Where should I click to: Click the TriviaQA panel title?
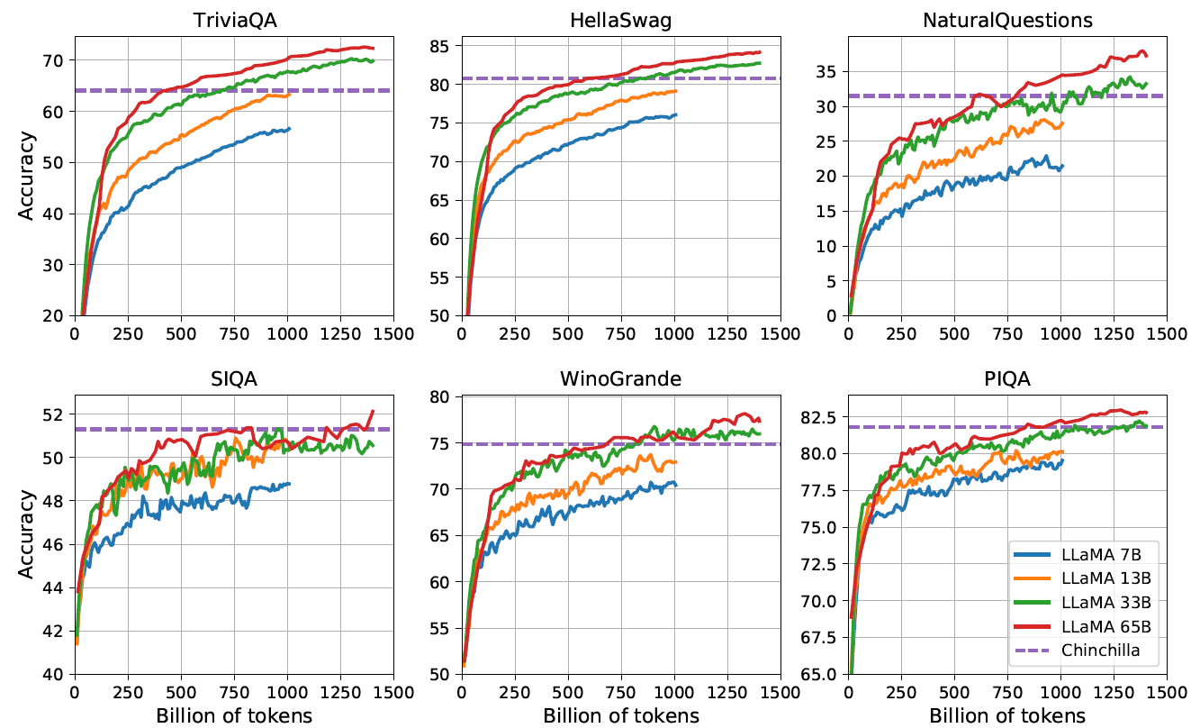232,21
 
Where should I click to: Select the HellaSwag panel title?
619,21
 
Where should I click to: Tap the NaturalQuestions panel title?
1006,21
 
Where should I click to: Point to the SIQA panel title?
232,379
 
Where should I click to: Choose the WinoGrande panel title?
619,379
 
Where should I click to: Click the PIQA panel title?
1006,379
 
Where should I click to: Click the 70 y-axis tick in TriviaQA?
56,60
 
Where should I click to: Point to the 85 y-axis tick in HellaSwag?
443,45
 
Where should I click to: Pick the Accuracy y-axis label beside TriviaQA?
28,176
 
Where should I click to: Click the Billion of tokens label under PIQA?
1006,715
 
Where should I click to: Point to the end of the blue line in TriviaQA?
289,129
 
